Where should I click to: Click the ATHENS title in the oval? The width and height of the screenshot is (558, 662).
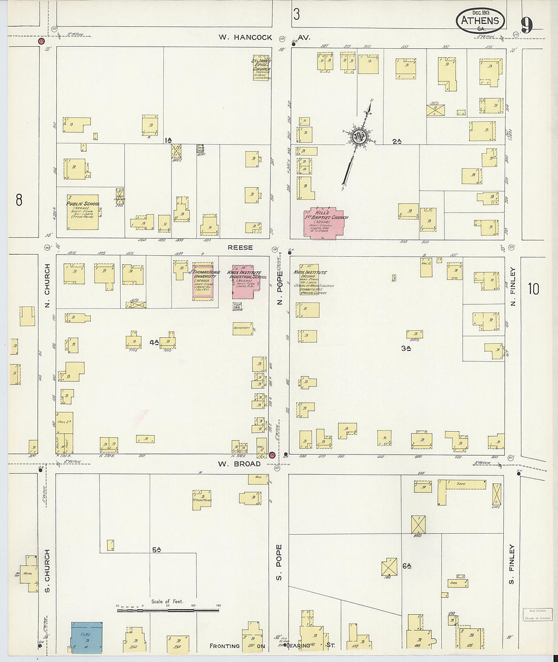pos(480,21)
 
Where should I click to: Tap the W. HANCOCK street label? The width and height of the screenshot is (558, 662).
pos(246,37)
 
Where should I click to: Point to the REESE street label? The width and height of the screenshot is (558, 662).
pos(240,248)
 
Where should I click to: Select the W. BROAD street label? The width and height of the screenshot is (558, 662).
pos(239,464)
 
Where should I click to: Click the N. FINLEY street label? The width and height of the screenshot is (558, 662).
pos(513,287)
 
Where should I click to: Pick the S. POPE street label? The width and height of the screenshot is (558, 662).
pos(278,563)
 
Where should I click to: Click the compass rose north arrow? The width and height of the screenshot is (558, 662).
pos(360,137)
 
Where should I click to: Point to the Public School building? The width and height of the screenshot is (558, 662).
pos(83,212)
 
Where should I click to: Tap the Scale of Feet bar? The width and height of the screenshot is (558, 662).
pos(167,610)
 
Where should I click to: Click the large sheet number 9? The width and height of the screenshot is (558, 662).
pos(527,24)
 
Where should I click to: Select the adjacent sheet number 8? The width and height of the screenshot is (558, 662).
pos(19,200)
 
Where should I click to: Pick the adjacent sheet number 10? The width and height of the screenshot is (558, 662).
pos(533,289)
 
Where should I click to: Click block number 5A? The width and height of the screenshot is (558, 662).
pos(156,549)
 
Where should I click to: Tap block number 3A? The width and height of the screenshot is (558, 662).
pos(405,348)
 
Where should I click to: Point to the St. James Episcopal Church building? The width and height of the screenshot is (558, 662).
pos(261,68)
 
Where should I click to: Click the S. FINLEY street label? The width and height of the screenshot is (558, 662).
pos(512,564)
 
